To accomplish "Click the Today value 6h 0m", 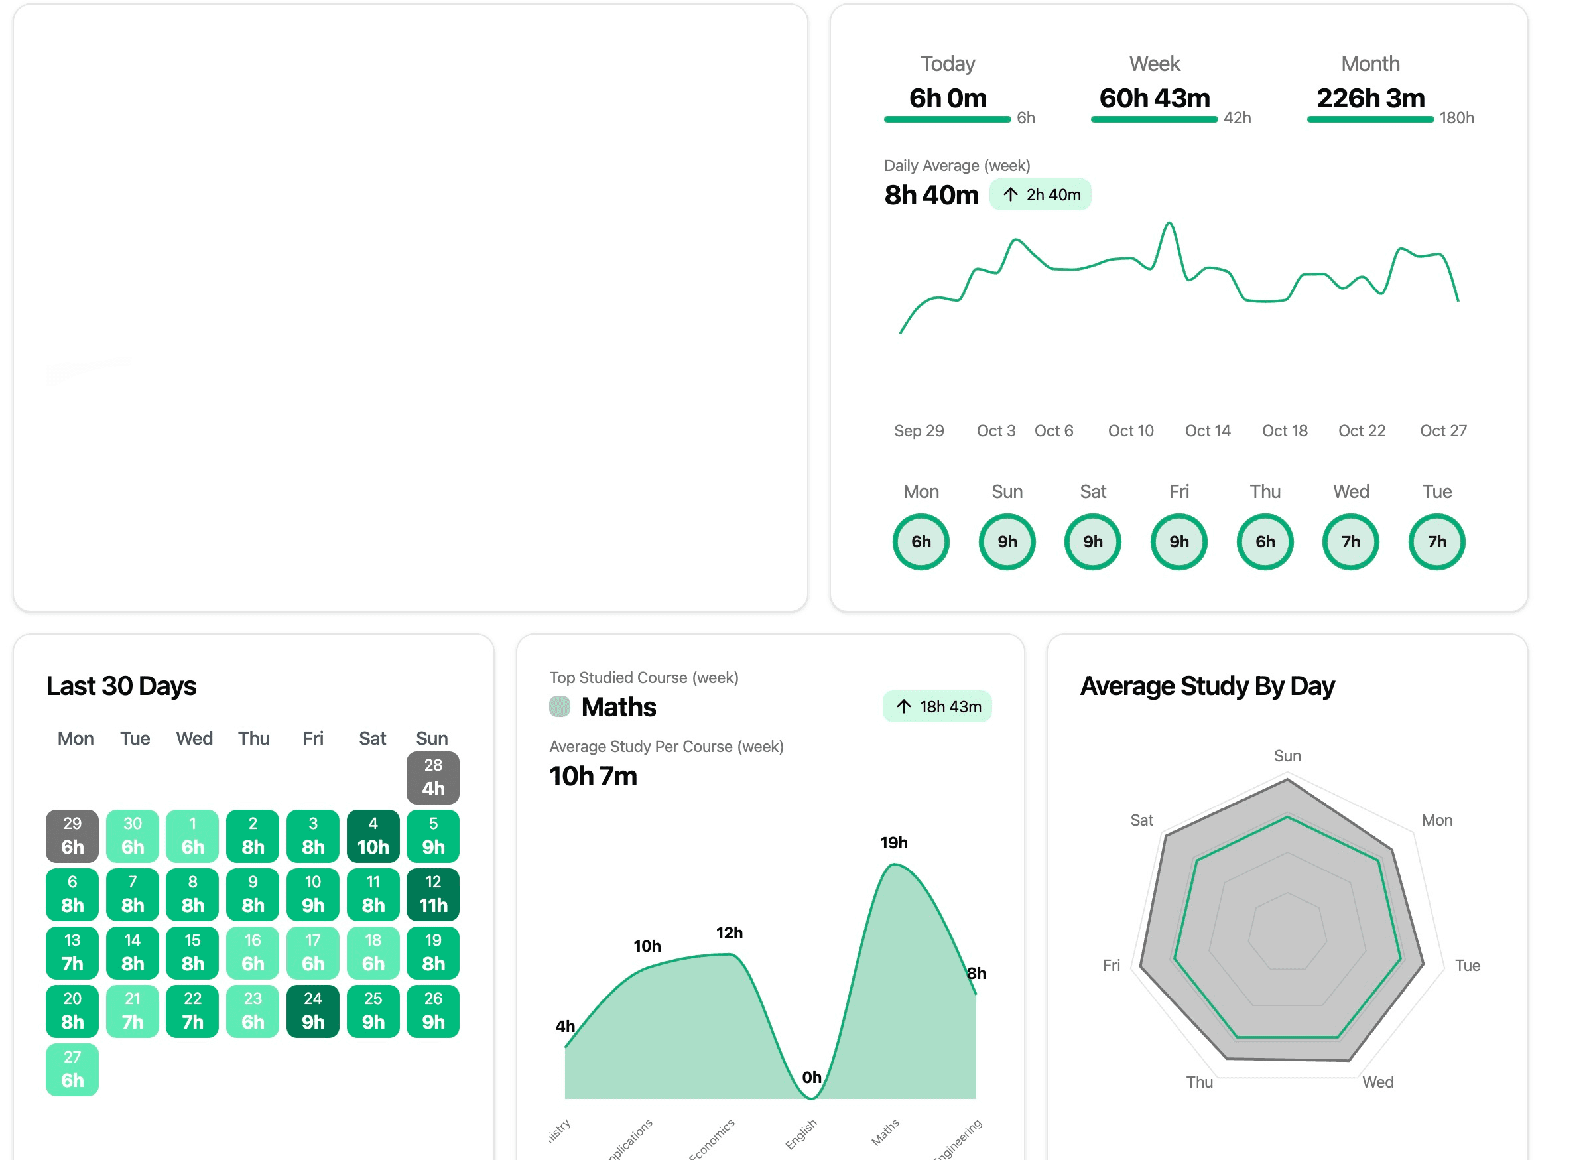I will coord(947,98).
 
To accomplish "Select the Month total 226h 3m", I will coord(1370,98).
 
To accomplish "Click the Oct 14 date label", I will coord(1207,430).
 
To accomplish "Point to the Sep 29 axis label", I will coord(919,430).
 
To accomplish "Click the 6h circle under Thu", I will coord(1265,541).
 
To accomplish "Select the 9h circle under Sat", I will coord(1092,541).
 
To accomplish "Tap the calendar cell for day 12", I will coord(432,894).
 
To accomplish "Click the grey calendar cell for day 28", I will coord(432,777).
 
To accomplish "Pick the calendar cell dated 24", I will coord(312,1010).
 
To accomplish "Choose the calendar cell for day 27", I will coord(72,1068).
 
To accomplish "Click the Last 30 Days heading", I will coord(121,685).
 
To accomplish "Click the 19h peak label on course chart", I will coord(893,842).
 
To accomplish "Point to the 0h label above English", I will coord(811,1076).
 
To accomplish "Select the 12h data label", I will coord(729,933).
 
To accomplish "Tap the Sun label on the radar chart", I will coord(1287,755).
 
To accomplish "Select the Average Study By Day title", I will coord(1206,685).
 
